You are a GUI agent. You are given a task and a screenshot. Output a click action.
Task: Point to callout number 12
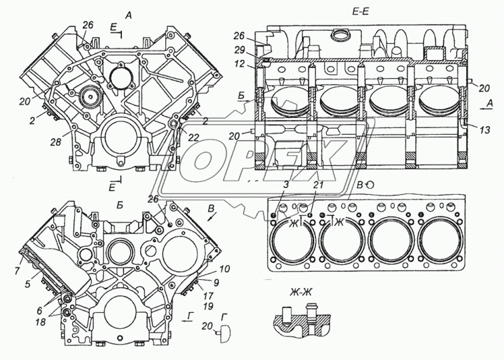tap(239, 64)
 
